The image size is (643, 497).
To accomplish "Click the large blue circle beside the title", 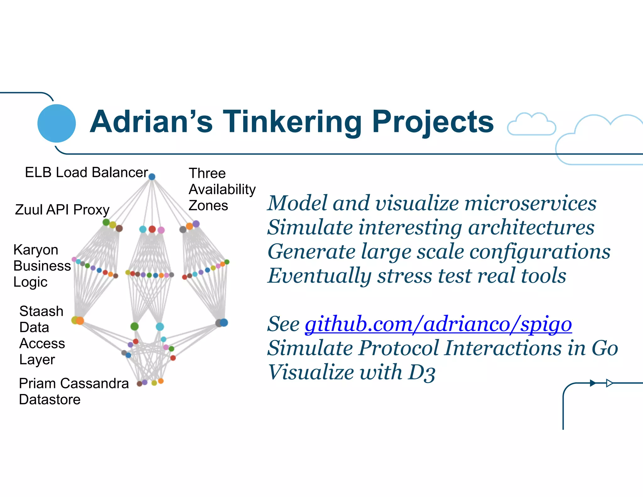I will (x=57, y=123).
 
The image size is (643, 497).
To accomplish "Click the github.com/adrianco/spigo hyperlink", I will (x=438, y=324).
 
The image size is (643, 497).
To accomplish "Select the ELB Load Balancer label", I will (x=86, y=172).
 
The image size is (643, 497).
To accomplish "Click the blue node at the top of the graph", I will (x=152, y=177).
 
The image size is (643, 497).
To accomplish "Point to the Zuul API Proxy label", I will (x=62, y=210).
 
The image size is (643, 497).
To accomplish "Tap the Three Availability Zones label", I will (x=222, y=189).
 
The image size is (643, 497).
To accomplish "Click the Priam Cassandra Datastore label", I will (x=73, y=391).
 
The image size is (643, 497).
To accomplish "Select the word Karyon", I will (x=36, y=250).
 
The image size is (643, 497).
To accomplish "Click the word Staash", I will (x=41, y=311).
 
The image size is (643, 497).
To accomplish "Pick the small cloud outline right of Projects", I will (x=531, y=124).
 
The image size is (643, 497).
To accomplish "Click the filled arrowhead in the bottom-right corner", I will (x=592, y=383).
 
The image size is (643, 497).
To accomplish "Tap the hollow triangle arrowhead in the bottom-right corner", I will (x=609, y=383).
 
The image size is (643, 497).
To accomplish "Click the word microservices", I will (x=530, y=203).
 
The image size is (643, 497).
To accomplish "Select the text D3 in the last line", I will (x=422, y=373).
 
